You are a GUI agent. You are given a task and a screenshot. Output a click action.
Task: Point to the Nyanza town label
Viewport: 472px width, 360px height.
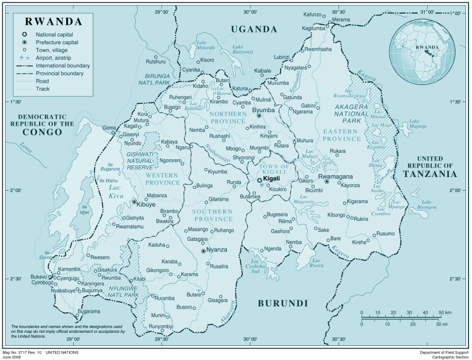[x=217, y=250]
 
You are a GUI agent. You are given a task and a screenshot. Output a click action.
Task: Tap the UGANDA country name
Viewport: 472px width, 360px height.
[x=253, y=29]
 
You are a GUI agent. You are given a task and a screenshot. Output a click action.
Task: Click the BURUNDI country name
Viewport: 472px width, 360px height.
[x=282, y=303]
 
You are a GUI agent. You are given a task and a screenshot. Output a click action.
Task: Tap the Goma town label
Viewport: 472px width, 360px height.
[x=109, y=128]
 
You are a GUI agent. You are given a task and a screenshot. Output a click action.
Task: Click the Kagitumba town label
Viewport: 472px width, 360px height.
[x=313, y=28]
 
